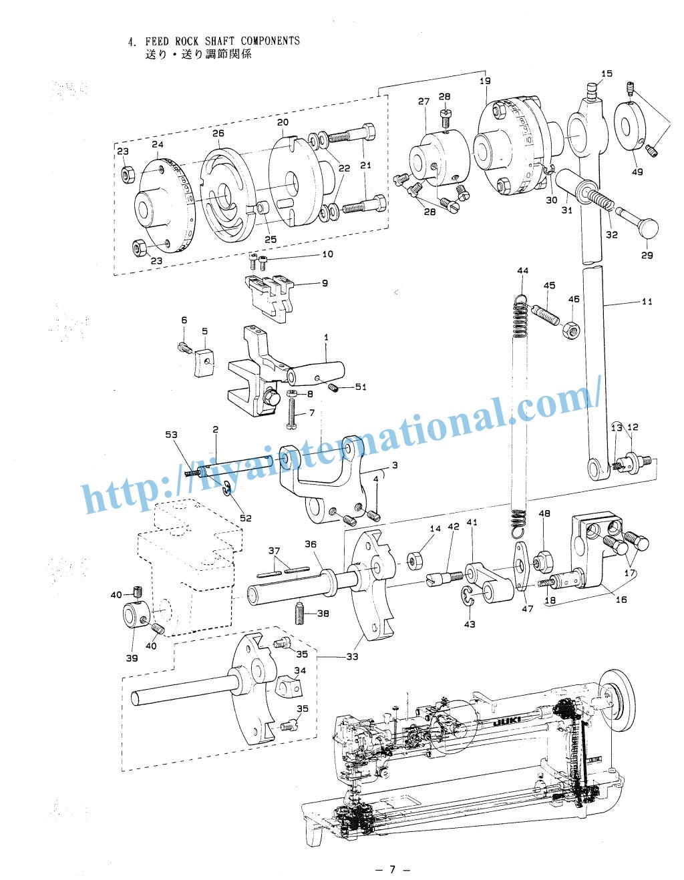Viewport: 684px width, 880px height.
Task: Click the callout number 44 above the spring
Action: coord(522,270)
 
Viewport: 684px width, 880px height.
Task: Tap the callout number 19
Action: coord(485,81)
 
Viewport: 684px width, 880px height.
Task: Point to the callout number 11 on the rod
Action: coord(647,302)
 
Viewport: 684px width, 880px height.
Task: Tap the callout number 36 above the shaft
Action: coord(311,544)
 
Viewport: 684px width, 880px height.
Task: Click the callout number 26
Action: coord(218,134)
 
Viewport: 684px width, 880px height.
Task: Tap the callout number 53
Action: coord(172,435)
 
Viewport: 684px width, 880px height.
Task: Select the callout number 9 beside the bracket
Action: coord(325,283)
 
